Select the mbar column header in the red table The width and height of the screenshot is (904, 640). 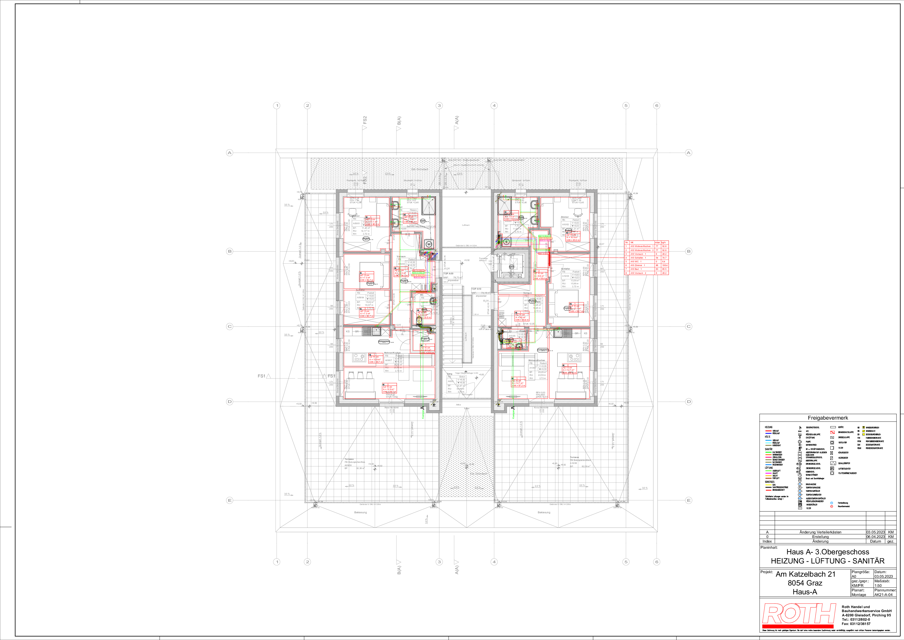[x=657, y=242]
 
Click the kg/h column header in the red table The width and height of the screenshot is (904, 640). [x=664, y=242]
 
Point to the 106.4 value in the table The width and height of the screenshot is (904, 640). [x=665, y=266]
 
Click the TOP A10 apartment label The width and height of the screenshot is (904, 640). [x=476, y=289]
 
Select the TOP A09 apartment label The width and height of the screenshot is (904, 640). [x=448, y=274]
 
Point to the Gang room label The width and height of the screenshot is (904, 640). [x=450, y=374]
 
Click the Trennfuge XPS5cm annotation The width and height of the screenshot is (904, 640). [x=483, y=259]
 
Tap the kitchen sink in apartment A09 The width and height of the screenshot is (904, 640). [x=376, y=332]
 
